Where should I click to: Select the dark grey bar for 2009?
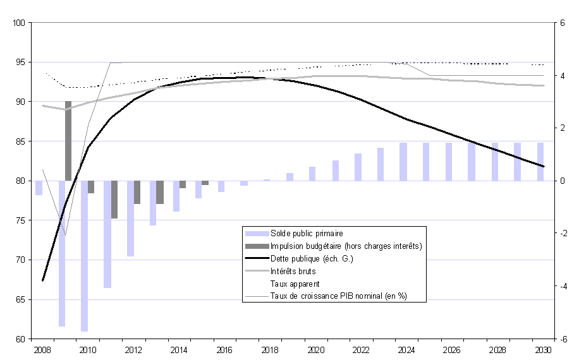(x=68, y=141)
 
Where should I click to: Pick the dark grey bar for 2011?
(x=114, y=200)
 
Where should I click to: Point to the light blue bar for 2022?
(x=358, y=167)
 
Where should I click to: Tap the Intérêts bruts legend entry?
(x=293, y=271)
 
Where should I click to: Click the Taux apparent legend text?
(x=295, y=284)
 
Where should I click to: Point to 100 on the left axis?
(x=18, y=23)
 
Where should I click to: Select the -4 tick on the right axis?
(x=561, y=286)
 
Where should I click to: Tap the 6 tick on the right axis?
(x=561, y=23)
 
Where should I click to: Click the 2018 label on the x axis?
(x=270, y=349)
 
